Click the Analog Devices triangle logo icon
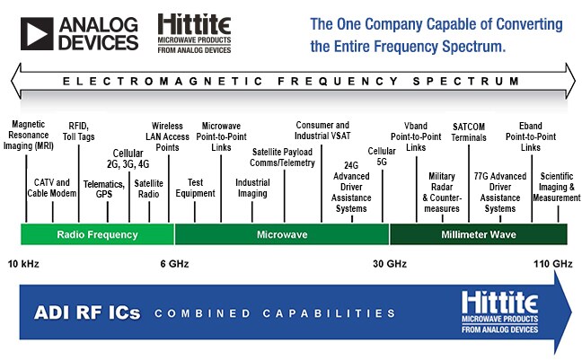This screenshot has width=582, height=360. pyautogui.click(x=37, y=32)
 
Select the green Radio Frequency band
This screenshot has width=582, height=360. pyautogui.click(x=97, y=234)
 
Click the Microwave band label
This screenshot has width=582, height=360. pyautogui.click(x=281, y=234)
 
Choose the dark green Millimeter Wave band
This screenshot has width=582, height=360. pyautogui.click(x=478, y=234)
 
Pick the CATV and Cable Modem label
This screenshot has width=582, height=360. pyautogui.click(x=52, y=188)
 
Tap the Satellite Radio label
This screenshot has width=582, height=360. pyautogui.click(x=148, y=188)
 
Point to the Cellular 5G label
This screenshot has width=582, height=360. pyautogui.click(x=382, y=157)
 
